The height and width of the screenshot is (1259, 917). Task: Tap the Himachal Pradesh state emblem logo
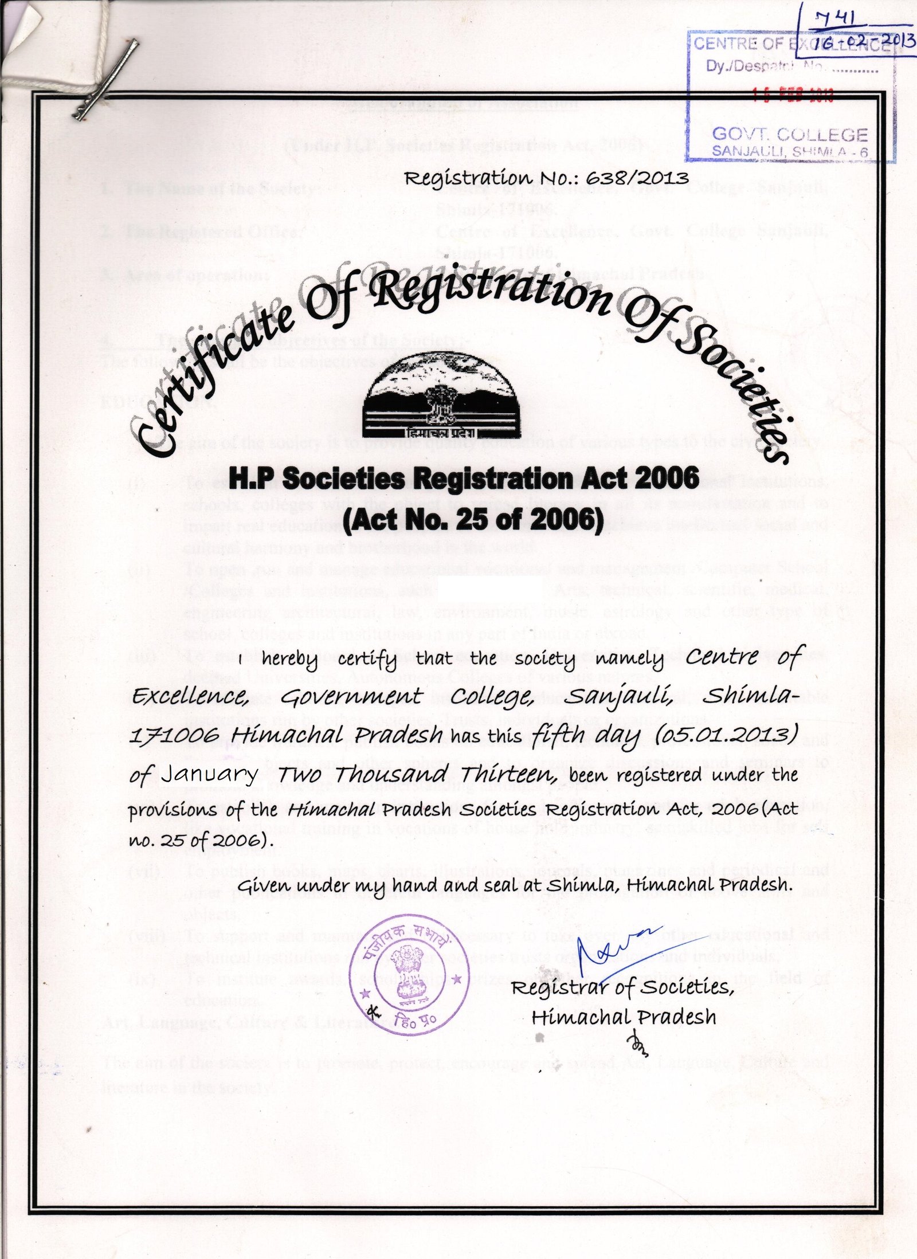[x=441, y=395]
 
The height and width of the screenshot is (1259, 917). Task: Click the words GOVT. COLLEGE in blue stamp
[x=789, y=135]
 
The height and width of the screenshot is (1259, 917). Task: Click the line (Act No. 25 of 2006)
[x=473, y=519]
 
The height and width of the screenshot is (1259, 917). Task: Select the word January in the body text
[x=209, y=775]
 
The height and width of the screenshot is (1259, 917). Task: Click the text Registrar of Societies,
[x=622, y=987]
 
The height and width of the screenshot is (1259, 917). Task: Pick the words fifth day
[x=585, y=735]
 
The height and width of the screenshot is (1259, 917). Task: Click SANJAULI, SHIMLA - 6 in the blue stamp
[x=789, y=151]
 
